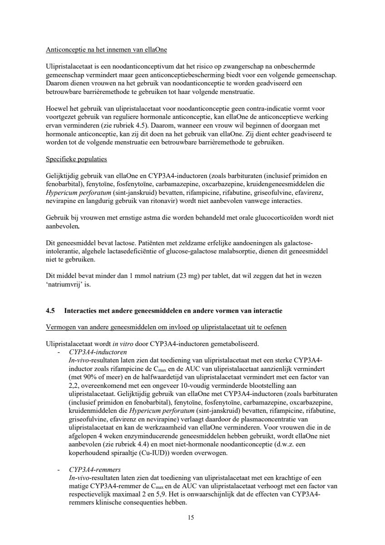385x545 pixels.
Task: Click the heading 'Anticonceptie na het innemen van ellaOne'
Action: click(109, 49)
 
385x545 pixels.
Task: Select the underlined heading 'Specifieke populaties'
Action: click(76, 159)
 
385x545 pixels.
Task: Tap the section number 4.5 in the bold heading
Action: click(51, 311)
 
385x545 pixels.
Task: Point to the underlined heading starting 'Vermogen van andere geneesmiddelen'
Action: click(166, 327)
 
